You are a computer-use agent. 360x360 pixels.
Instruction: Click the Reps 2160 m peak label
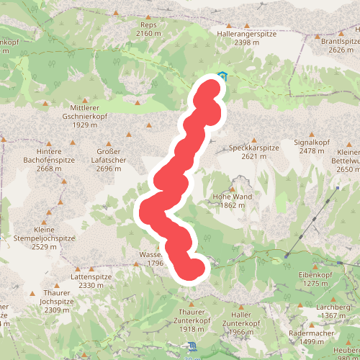(148, 29)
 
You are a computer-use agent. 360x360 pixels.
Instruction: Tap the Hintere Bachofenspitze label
(49, 160)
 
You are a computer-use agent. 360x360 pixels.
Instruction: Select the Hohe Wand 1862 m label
(232, 200)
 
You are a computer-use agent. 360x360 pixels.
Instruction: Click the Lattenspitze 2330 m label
(91, 281)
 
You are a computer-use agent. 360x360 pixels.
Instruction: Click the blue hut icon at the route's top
(222, 76)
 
